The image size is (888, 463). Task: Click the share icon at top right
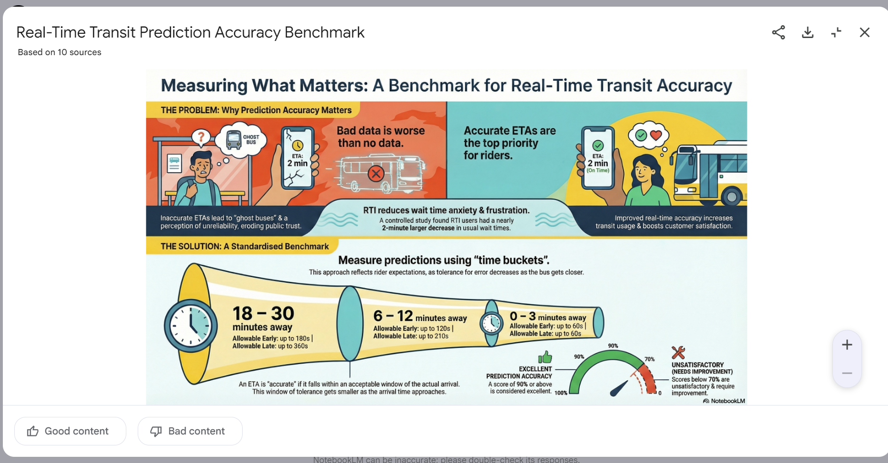[x=778, y=32]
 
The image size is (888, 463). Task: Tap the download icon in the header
[x=808, y=32]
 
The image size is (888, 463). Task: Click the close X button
[x=865, y=32]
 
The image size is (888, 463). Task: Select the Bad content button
[x=190, y=431]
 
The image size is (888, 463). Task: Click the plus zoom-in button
[x=847, y=345]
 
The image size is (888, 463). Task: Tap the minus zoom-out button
[x=847, y=373]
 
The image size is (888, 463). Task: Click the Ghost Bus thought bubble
[x=241, y=140]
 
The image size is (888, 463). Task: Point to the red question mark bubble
[x=201, y=137]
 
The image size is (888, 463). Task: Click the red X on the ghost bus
[x=376, y=174]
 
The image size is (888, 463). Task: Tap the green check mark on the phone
[x=598, y=145]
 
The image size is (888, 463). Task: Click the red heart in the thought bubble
[x=656, y=135]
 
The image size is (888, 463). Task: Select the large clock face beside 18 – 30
[x=191, y=326]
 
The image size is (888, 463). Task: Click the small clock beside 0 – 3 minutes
[x=491, y=323]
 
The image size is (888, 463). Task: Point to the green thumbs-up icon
[x=545, y=357]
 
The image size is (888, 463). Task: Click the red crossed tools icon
[x=678, y=353]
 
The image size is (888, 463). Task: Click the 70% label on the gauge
[x=649, y=359]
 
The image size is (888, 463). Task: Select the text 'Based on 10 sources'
[x=59, y=52]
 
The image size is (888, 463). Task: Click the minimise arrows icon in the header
[x=836, y=32]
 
